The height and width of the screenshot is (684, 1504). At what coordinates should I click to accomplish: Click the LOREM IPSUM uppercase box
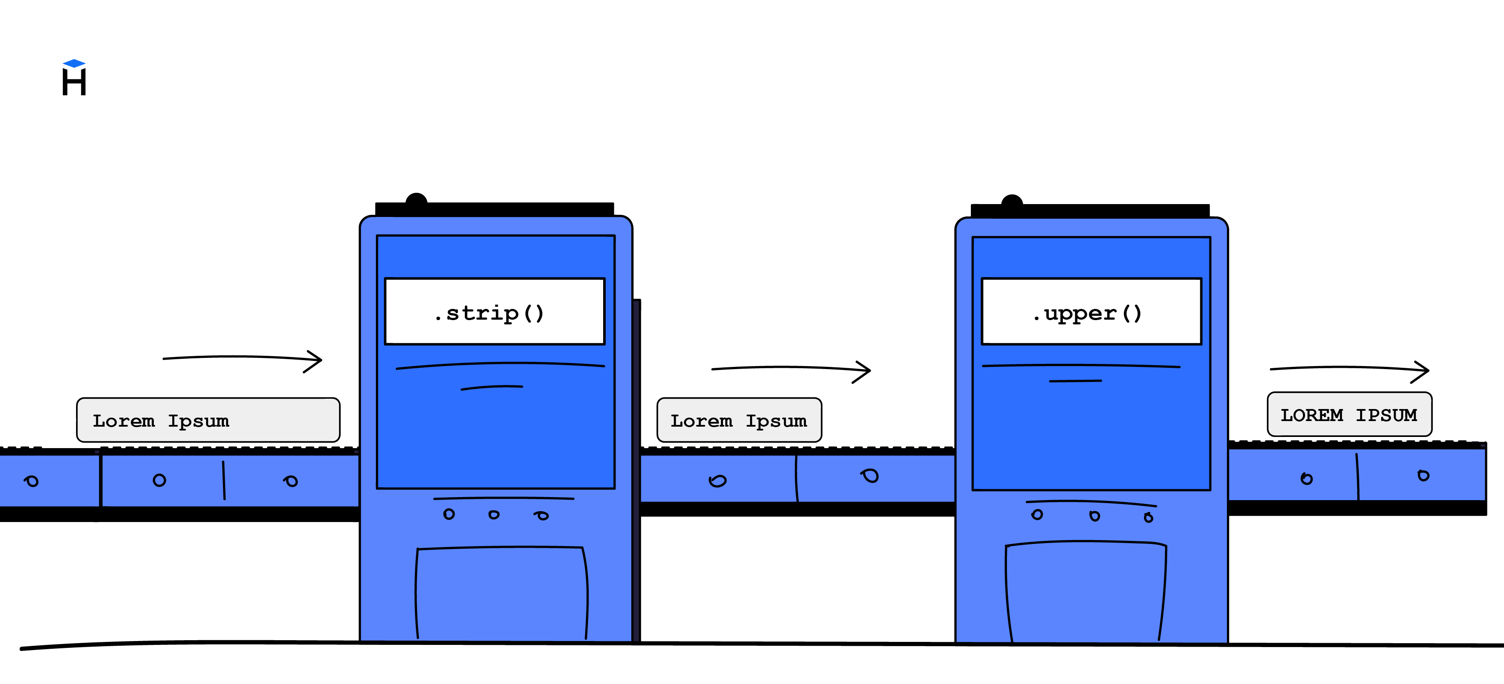click(x=1348, y=414)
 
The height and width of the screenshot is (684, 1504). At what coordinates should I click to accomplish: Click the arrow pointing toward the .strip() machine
click(x=242, y=358)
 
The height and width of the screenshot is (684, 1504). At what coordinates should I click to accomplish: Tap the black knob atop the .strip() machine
click(x=416, y=200)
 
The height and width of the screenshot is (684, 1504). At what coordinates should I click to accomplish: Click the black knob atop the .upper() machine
click(x=1012, y=202)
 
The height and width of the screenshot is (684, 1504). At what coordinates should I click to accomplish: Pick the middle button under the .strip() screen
click(x=494, y=515)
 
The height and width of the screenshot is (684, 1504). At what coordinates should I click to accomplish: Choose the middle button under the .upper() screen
click(x=1095, y=516)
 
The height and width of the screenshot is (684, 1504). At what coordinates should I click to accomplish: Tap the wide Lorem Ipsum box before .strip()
click(x=208, y=420)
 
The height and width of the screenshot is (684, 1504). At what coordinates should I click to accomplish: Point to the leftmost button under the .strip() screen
click(x=448, y=514)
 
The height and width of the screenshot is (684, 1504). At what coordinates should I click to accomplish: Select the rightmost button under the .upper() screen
click(x=1148, y=518)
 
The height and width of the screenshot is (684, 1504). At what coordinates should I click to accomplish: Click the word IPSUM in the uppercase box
click(x=1386, y=415)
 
